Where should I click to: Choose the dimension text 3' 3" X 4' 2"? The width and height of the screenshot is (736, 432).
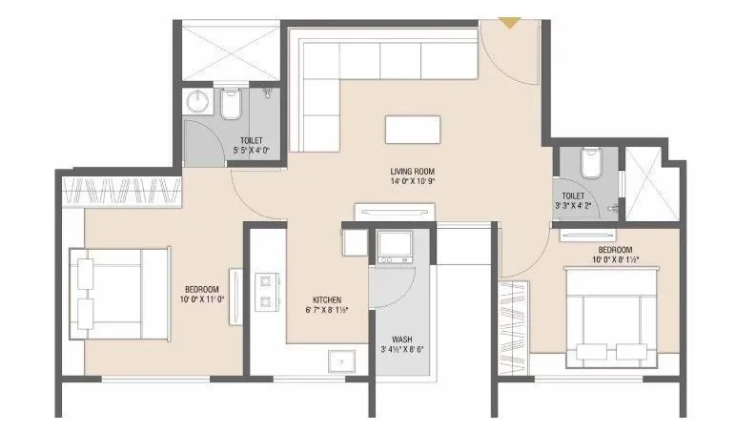coord(580,203)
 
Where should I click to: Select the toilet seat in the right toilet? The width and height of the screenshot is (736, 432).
coord(590,163)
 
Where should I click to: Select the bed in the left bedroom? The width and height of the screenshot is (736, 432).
coord(118,293)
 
